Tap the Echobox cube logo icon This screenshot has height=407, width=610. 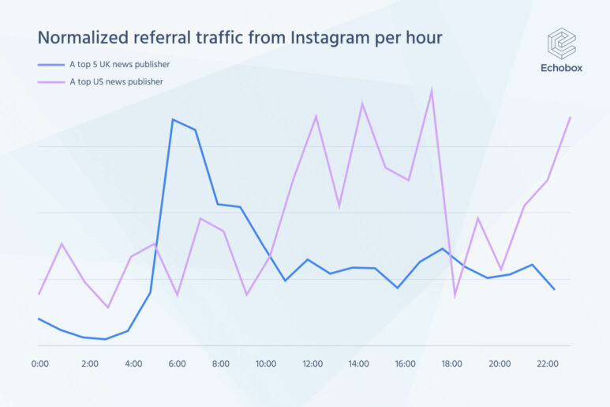(x=562, y=44)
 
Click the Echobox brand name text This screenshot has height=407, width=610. (x=562, y=69)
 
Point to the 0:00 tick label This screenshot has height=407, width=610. (x=40, y=364)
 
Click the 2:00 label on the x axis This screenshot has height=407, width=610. (x=90, y=364)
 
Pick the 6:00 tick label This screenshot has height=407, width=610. (x=178, y=364)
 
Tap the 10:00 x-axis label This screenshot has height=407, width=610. (x=266, y=364)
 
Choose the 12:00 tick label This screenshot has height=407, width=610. (x=312, y=364)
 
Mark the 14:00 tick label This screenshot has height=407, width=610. (x=359, y=364)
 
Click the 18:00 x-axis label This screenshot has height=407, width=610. (x=451, y=364)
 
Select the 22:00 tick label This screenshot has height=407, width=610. (x=548, y=364)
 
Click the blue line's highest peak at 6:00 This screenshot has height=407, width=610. (x=173, y=119)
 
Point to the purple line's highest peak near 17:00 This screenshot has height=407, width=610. (x=432, y=89)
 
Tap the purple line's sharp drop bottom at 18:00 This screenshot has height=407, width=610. (x=455, y=296)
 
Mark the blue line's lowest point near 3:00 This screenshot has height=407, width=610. (x=105, y=339)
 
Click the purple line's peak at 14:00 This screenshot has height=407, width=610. (x=362, y=104)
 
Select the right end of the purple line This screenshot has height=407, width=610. (x=570, y=117)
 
